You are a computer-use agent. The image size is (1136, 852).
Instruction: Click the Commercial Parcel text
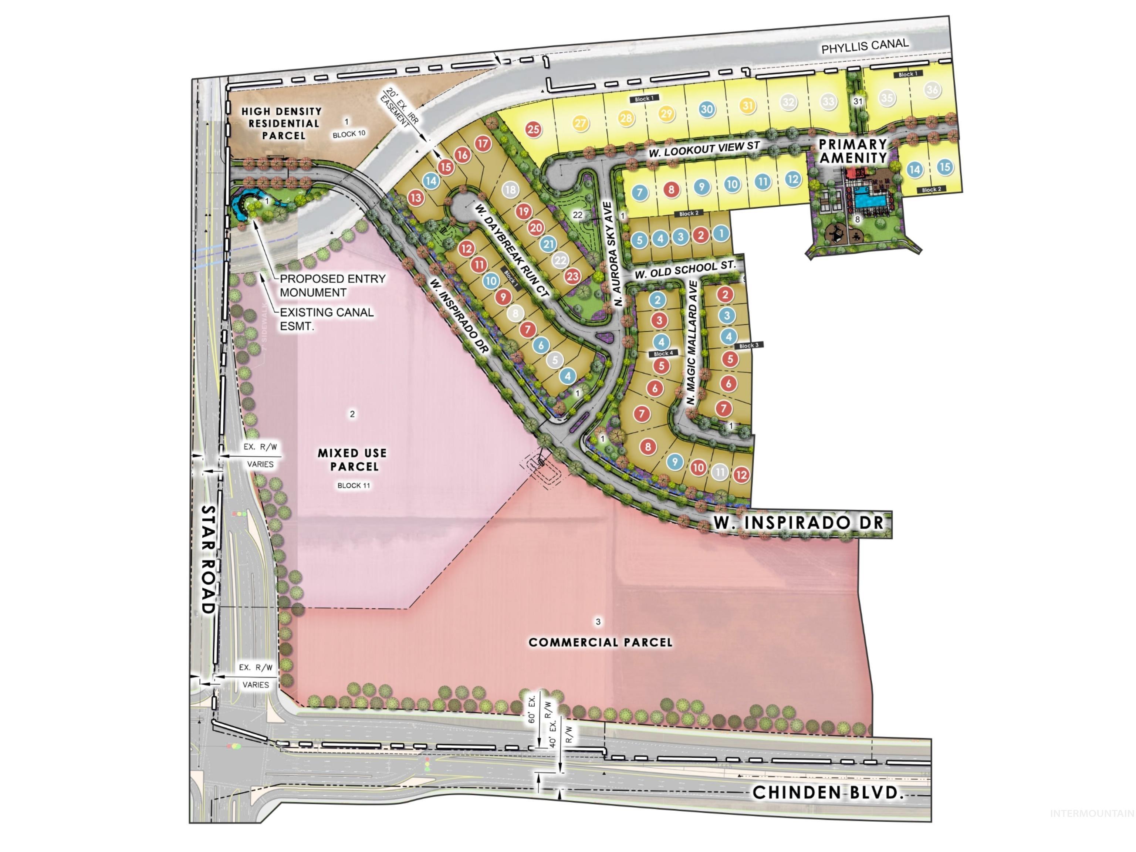click(x=600, y=642)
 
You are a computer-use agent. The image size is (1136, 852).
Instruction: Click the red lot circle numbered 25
click(x=534, y=129)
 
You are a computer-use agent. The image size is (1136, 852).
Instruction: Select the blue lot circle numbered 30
click(x=707, y=109)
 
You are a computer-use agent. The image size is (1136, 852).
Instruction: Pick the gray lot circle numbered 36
click(x=932, y=90)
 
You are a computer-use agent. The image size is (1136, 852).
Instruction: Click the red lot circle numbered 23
click(x=572, y=276)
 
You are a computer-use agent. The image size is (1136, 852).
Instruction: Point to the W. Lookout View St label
click(x=704, y=149)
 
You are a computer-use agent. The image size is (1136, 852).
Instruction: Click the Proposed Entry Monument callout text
click(x=332, y=285)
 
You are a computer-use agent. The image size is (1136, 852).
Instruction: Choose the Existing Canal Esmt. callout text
click(x=326, y=319)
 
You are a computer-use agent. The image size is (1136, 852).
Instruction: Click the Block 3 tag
click(x=748, y=346)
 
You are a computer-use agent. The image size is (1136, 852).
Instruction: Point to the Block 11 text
click(x=353, y=485)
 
